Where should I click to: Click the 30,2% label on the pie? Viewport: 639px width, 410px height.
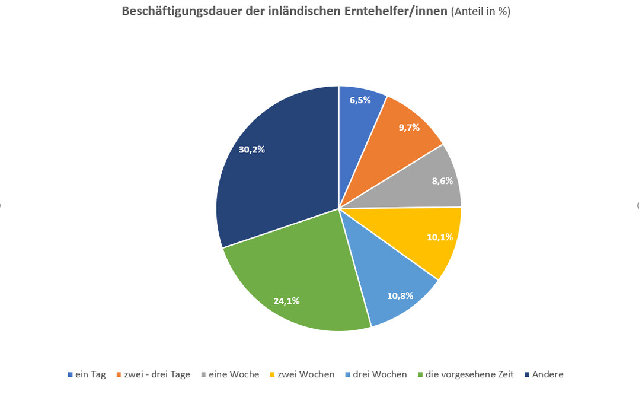(x=251, y=150)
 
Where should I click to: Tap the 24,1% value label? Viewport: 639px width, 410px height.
(x=286, y=301)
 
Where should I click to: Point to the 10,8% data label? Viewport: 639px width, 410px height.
(x=400, y=295)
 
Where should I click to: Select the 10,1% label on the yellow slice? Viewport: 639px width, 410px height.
(x=440, y=237)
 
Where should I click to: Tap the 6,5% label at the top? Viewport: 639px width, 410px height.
(x=360, y=100)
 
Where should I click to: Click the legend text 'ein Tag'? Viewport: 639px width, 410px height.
(x=90, y=374)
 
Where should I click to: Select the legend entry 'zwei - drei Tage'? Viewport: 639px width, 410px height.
(x=156, y=374)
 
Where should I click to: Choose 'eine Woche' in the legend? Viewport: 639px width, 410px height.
(x=234, y=374)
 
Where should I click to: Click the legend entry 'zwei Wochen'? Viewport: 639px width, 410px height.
(x=306, y=374)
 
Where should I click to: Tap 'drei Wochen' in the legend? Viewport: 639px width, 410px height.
(x=379, y=374)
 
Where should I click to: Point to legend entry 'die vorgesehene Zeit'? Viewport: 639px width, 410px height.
(x=469, y=374)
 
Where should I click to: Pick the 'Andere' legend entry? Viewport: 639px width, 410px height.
(x=547, y=374)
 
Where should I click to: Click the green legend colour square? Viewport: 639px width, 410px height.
(x=420, y=375)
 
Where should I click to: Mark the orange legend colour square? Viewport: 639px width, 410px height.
(x=119, y=375)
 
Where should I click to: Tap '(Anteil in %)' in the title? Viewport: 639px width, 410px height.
(x=481, y=12)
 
